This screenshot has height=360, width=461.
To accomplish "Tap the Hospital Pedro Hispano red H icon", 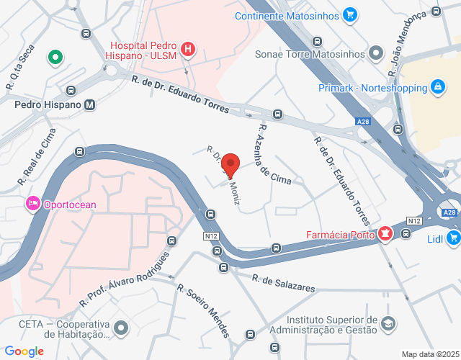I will [188, 49].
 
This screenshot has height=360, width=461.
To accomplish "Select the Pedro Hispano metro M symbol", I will [89, 104].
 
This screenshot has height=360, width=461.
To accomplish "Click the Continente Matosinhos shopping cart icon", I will [349, 14].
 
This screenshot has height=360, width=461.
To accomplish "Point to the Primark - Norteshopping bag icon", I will [437, 88].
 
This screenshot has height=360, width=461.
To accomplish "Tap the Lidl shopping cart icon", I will [453, 238].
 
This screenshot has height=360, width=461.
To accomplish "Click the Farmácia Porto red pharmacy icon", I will [385, 234].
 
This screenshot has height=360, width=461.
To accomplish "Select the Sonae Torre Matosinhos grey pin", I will [376, 53].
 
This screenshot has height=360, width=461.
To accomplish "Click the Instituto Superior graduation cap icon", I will [388, 324].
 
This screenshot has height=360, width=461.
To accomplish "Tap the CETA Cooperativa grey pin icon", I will [121, 328].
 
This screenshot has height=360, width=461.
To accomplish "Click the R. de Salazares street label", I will [284, 282].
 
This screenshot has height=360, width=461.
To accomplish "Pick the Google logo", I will [24, 351].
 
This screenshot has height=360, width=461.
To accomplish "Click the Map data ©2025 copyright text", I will [430, 354].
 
